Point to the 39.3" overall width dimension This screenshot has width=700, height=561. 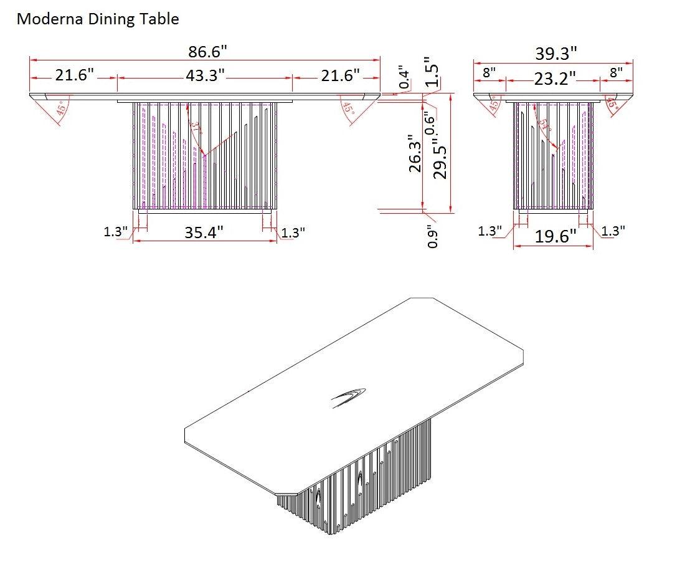point(556,54)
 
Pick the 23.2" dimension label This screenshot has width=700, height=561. point(554,79)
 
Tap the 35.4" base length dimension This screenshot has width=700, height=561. point(204,233)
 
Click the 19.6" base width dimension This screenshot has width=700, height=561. point(556,237)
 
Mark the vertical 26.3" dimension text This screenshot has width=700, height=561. point(415,153)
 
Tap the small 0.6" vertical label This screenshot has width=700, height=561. point(428,122)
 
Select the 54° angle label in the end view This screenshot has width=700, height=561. point(546,125)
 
